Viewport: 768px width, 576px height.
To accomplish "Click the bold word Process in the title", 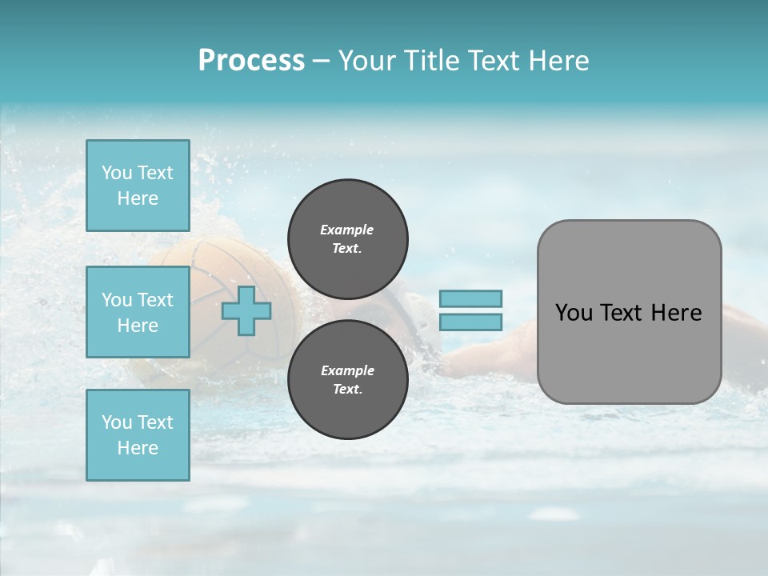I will click(x=251, y=61).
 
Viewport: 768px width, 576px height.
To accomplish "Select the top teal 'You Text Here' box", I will click(x=138, y=186).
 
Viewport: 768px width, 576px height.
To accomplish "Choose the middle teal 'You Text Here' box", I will click(x=138, y=312).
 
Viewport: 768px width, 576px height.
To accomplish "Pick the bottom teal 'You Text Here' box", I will click(x=138, y=435).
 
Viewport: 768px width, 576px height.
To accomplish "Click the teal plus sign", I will click(x=246, y=311).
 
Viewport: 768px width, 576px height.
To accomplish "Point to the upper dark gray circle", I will click(x=347, y=239).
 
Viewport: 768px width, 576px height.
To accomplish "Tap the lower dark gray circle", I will click(x=347, y=380).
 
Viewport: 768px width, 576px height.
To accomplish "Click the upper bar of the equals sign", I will click(x=470, y=298).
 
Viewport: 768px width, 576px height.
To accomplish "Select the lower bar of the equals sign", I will click(x=470, y=322).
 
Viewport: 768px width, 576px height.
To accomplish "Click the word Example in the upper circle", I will click(x=346, y=230).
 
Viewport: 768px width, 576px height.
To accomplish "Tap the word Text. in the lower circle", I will click(x=347, y=390).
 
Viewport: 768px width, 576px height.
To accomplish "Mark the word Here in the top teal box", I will click(x=138, y=198).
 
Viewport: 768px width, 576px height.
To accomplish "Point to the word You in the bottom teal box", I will click(x=117, y=422).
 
